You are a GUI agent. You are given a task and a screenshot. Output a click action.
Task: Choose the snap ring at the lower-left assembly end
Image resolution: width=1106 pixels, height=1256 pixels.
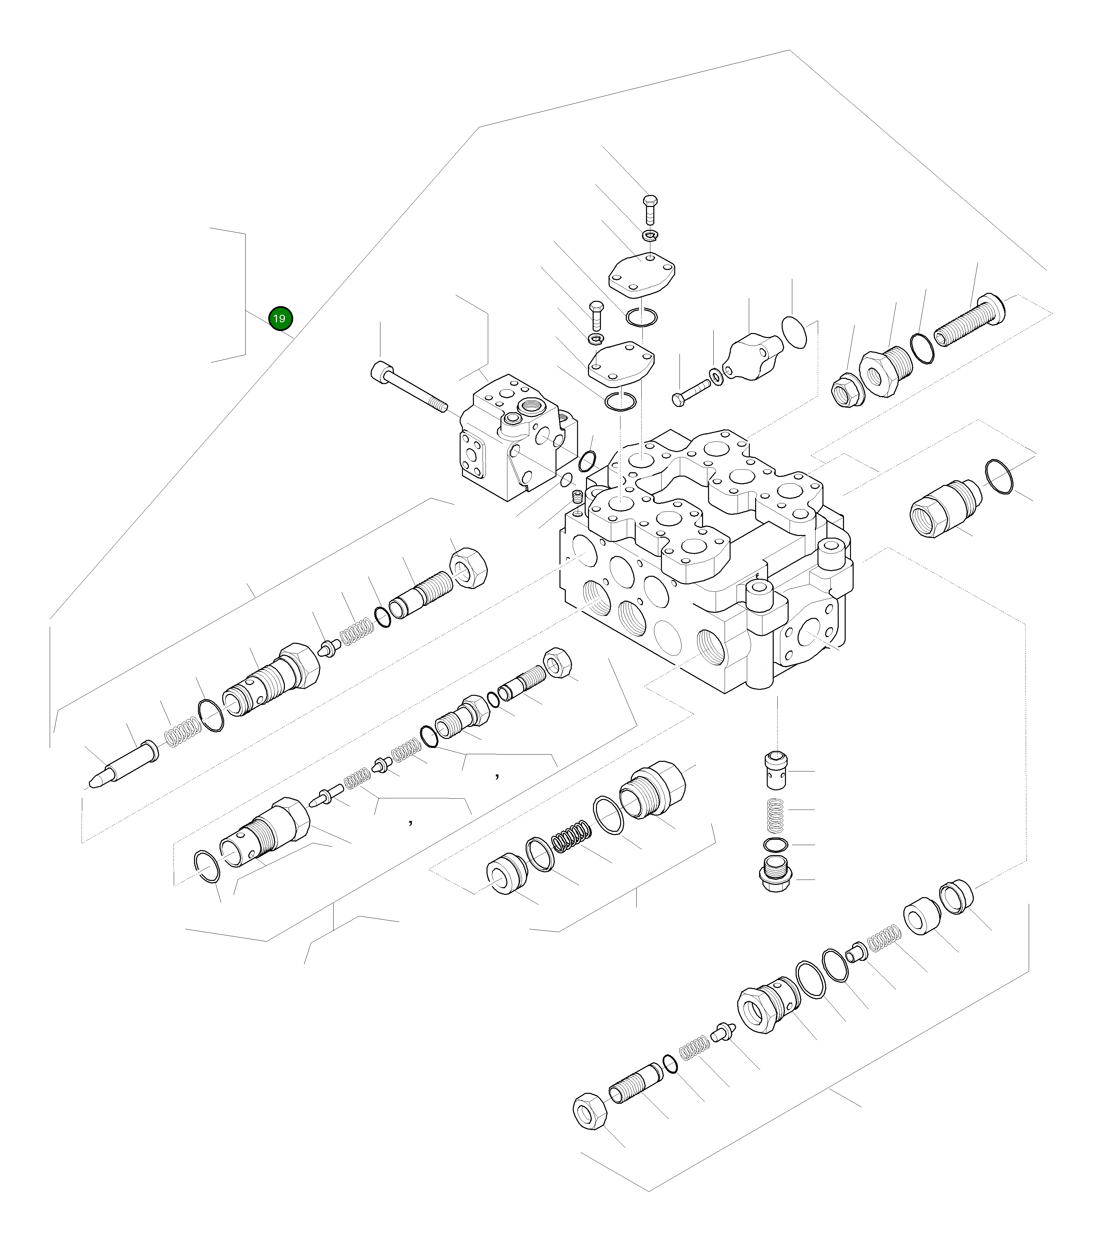coord(207,866)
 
